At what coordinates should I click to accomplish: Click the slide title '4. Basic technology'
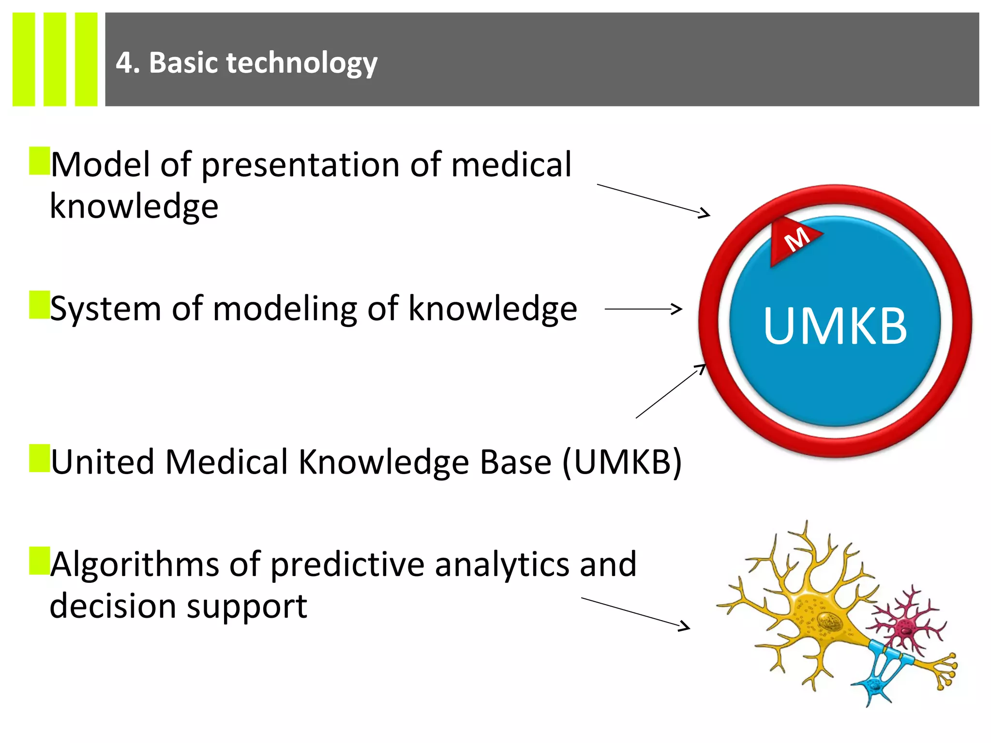tap(246, 63)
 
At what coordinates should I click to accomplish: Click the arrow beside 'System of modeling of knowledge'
tap(644, 309)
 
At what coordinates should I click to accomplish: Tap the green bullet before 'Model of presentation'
tap(39, 161)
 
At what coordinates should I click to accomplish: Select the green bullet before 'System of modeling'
tap(39, 305)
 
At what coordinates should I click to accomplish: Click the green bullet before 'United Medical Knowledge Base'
tap(39, 458)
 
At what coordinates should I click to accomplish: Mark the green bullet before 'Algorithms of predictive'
tap(39, 561)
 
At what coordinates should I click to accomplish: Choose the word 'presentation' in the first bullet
tap(300, 166)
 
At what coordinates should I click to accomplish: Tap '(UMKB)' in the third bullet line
tap(622, 462)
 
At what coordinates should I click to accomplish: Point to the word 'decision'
tap(113, 607)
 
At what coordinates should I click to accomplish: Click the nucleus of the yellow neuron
tap(829, 620)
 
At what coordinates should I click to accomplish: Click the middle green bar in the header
tap(55, 59)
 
